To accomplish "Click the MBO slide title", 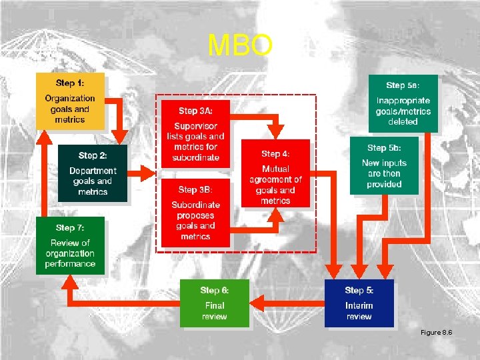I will click(240, 46).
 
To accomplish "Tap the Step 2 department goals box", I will click(93, 173).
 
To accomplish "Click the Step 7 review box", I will click(70, 245).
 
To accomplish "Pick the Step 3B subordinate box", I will click(195, 212).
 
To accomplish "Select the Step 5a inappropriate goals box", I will click(403, 103).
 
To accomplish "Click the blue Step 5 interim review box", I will click(359, 303).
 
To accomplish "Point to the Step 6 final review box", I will click(214, 303).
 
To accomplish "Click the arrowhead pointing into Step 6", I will click(257, 304).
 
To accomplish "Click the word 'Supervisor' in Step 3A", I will click(195, 126).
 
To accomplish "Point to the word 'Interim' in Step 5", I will click(359, 306).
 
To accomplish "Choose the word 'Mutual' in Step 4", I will click(275, 169).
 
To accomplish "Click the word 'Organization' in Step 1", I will click(70, 99).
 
